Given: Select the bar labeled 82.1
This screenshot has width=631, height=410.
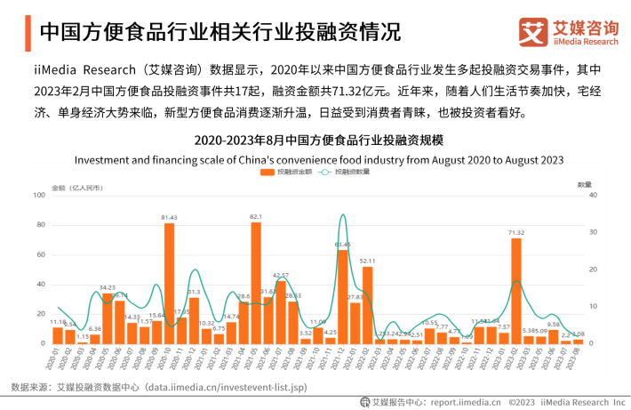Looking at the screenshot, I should [x=256, y=282].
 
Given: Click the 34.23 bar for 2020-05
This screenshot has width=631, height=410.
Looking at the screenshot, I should [x=108, y=318].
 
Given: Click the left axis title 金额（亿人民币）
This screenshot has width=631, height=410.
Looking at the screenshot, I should [x=76, y=187].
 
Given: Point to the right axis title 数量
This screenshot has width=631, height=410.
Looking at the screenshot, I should [x=584, y=184].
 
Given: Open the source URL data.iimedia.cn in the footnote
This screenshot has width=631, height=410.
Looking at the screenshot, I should [x=227, y=388].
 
